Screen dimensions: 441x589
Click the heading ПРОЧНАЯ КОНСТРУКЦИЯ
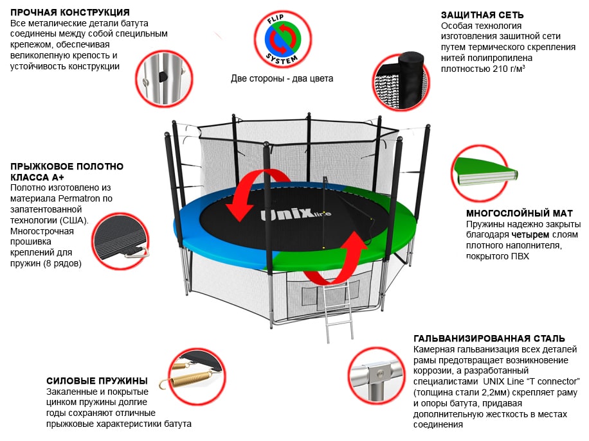tap(70, 13)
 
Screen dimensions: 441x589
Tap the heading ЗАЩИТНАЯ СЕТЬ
tap(482, 15)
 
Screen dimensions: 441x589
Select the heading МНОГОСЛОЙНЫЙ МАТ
tap(519, 213)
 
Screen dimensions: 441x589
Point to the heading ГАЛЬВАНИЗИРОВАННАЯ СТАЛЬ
tap(489, 338)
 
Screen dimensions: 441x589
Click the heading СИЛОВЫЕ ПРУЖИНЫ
tap(97, 381)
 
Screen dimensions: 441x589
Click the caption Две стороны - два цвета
tap(282, 79)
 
